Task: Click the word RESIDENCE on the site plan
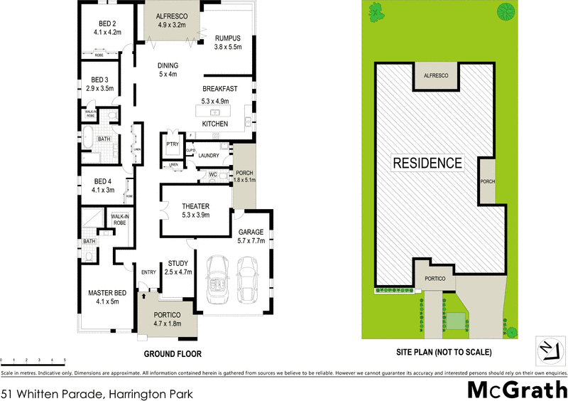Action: coord(427,163)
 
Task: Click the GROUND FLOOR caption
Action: coord(173,353)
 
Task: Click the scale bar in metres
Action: coord(33,361)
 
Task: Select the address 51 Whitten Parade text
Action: coord(96,392)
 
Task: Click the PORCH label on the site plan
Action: coord(488,182)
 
